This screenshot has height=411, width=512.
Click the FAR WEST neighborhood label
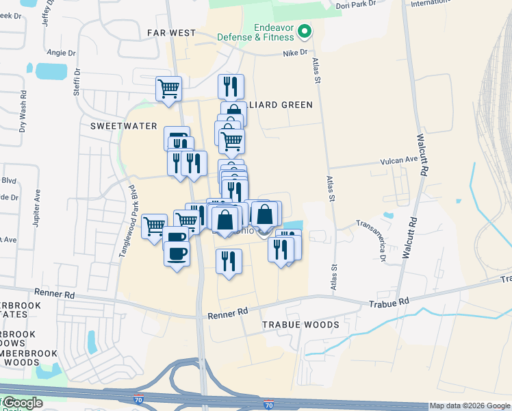171,33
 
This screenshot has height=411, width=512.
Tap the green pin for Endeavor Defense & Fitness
306,31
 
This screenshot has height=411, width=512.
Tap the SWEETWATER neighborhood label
124,126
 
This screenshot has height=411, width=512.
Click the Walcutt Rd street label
423,153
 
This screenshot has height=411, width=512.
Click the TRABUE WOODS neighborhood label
300,324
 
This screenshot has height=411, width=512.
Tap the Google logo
23,403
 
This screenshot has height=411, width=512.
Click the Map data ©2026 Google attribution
469,406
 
